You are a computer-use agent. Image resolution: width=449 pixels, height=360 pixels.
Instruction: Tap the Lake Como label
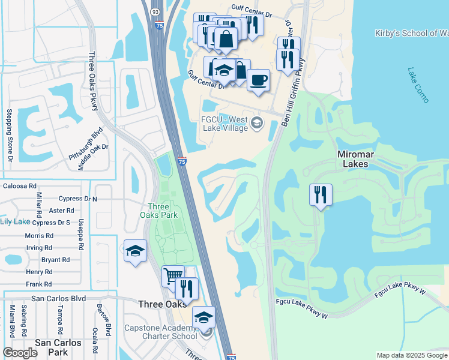pyautogui.click(x=418, y=85)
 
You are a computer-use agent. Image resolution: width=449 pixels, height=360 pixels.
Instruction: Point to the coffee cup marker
pyautogui.click(x=258, y=81)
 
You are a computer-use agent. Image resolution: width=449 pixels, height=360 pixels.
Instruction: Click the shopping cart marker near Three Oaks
pyautogui.click(x=173, y=277)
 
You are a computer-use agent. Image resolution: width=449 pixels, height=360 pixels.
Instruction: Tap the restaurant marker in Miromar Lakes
pyautogui.click(x=321, y=195)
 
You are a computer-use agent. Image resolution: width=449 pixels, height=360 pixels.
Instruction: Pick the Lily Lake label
pyautogui.click(x=15, y=221)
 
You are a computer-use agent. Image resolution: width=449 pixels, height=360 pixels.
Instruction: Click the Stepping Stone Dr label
pyautogui.click(x=10, y=135)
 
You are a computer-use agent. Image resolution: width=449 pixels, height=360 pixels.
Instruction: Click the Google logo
pyautogui.click(x=20, y=353)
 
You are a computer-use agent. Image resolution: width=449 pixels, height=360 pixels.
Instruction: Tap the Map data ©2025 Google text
pyautogui.click(x=411, y=355)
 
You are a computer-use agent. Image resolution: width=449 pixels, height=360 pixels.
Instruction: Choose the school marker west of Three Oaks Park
pyautogui.click(x=135, y=251)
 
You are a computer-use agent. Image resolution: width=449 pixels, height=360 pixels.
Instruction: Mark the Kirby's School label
pyautogui.click(x=411, y=33)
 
